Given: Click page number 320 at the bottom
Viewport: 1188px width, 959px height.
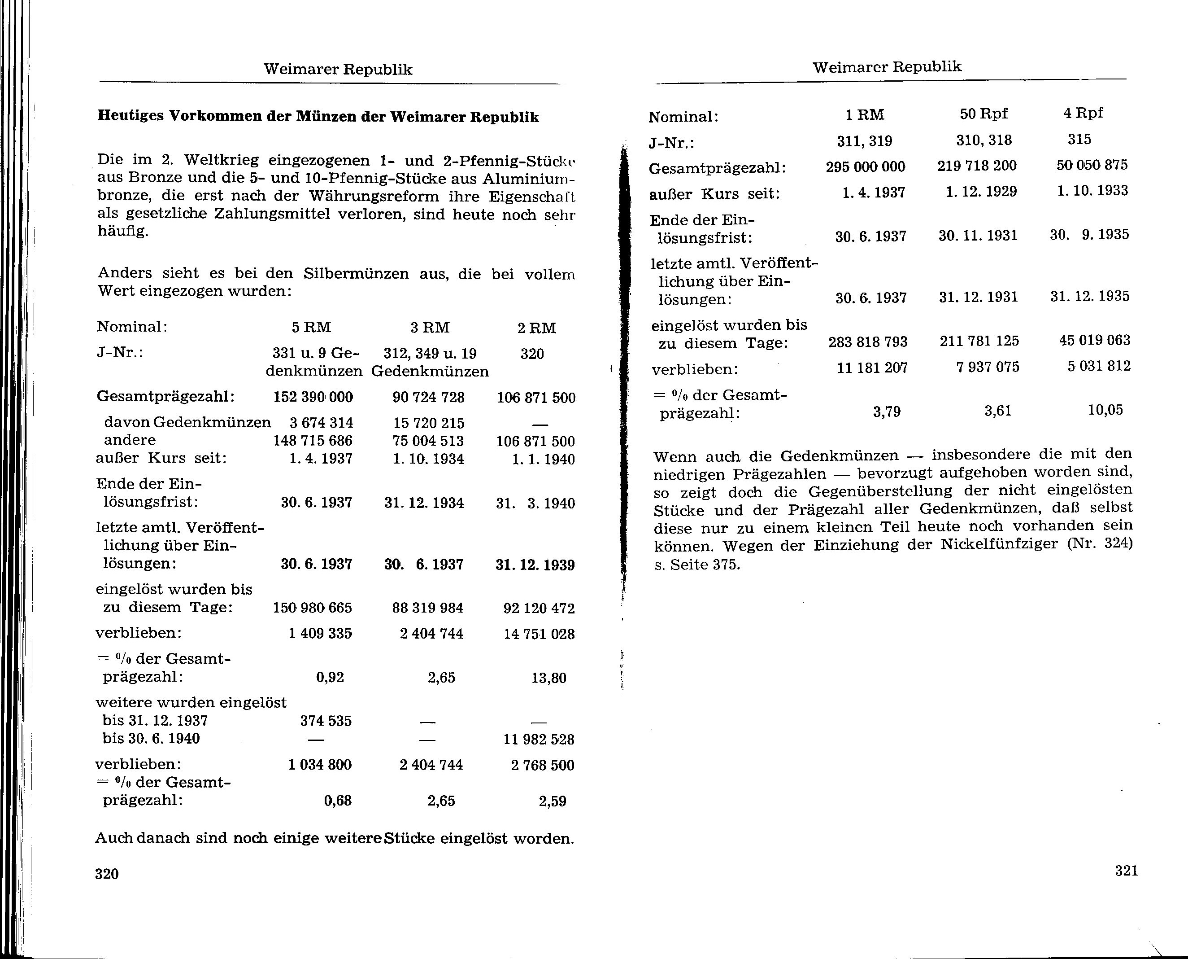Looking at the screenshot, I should click(x=107, y=873).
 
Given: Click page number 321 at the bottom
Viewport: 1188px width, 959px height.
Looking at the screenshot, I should click(x=1126, y=871).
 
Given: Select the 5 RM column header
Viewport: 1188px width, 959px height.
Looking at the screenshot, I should click(x=311, y=328).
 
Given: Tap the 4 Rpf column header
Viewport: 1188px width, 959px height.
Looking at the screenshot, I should click(x=1083, y=113).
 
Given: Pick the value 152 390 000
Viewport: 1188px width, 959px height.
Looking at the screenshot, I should click(x=313, y=397).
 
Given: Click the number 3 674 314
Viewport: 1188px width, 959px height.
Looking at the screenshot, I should click(x=321, y=423).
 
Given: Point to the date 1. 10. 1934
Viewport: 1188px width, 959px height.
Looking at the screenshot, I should click(x=428, y=459).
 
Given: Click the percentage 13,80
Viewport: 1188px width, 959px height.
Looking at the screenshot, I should click(x=549, y=678).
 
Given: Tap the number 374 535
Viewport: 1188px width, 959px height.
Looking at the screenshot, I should click(x=326, y=721).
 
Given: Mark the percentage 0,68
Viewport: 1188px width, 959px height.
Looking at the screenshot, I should click(x=338, y=801).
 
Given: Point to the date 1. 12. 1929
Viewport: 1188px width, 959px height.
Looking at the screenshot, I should click(x=981, y=192).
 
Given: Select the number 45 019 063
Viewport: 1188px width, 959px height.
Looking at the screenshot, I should click(x=1095, y=340).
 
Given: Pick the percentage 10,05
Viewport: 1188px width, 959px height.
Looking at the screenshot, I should click(x=1105, y=410).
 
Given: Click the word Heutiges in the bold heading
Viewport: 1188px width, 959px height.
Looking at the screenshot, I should click(x=131, y=117).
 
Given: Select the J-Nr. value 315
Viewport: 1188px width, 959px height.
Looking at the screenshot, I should click(x=1079, y=139).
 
